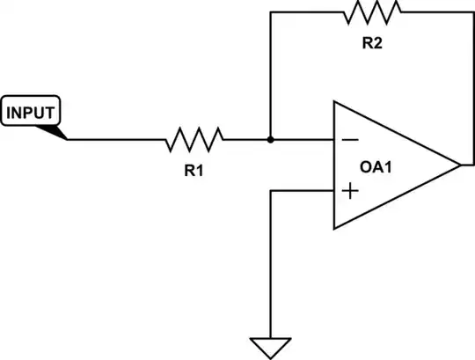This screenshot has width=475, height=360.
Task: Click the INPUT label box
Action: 32,113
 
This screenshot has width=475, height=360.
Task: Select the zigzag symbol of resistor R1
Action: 194,139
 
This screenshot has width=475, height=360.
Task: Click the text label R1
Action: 194,171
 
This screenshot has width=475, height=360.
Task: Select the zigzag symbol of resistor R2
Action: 373,12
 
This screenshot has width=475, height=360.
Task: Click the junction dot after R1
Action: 270,139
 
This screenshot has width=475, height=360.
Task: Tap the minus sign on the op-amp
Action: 349,139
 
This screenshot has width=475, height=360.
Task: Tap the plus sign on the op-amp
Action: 349,191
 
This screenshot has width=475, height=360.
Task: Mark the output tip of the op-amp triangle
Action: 459,165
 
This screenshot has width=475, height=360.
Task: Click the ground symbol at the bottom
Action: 270,345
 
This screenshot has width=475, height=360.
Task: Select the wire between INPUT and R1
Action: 114,139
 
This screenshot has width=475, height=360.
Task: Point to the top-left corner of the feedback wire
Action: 270,12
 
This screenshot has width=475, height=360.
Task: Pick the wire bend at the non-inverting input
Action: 270,191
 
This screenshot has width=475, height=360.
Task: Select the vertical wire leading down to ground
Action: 270,264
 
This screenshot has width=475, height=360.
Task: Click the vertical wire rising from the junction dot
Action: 270,75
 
